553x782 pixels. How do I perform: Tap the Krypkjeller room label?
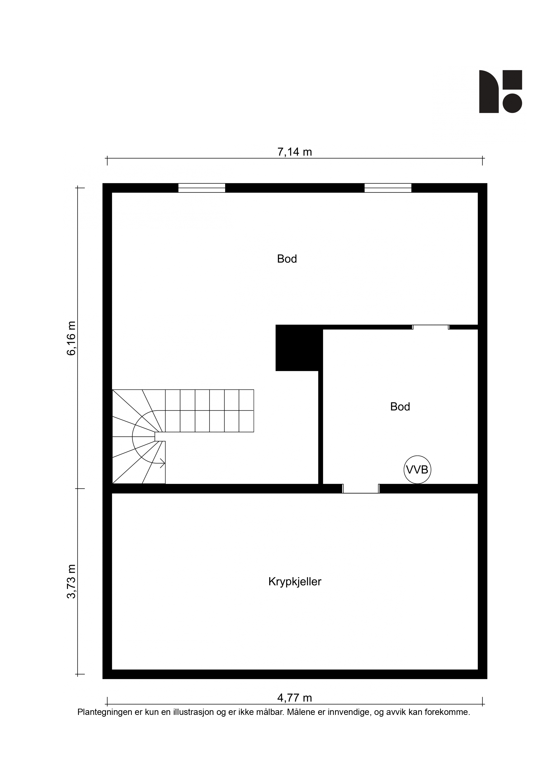tap(295, 581)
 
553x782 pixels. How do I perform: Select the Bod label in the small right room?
tap(400, 406)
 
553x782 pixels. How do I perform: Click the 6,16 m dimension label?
tap(72, 338)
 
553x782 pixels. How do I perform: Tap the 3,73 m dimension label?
tap(72, 581)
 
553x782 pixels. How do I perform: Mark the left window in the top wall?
tap(202, 188)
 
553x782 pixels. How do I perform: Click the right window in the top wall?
tap(388, 188)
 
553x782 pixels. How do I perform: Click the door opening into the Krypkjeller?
tap(361, 488)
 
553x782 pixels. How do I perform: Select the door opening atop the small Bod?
tap(431, 327)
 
